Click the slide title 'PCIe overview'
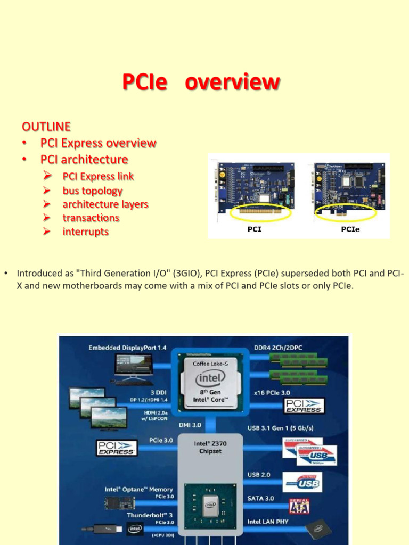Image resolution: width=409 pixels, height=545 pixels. pos(201,82)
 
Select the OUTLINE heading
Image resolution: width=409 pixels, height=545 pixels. pos(46,127)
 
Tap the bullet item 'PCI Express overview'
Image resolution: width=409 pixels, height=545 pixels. pos(98,143)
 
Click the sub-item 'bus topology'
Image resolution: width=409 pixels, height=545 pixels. pos(92,191)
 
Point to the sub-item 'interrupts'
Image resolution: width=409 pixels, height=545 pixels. pos(85,232)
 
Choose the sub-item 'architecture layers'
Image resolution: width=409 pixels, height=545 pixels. pos(105,204)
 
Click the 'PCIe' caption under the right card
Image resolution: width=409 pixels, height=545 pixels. pos(350,230)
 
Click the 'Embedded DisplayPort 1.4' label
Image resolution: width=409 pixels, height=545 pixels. pos(127,348)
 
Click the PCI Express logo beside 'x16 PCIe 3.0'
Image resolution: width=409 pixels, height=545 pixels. pos(304,406)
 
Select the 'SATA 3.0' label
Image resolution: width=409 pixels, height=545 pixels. pos(261,498)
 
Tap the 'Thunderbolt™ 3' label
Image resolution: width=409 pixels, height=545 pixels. pos(150,515)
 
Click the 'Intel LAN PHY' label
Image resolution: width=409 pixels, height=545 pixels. pos(268,522)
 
